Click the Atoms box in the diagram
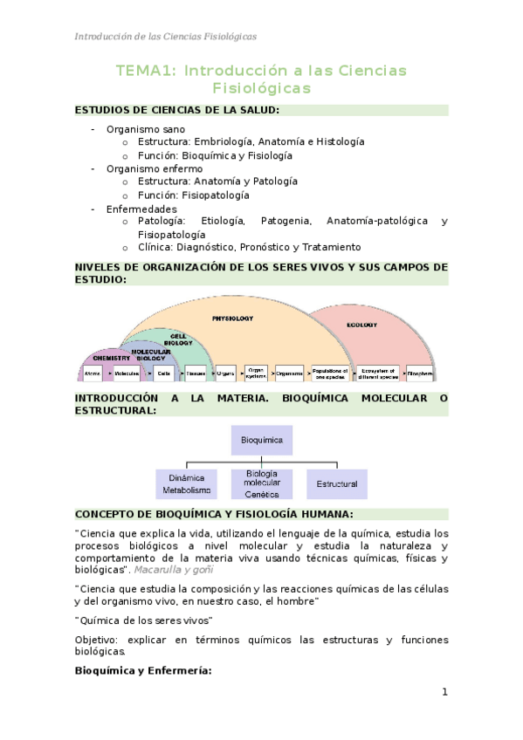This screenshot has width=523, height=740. click(x=93, y=373)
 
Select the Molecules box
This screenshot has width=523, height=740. click(x=127, y=373)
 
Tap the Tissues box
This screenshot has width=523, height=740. click(x=195, y=373)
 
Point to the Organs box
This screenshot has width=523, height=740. click(x=225, y=373)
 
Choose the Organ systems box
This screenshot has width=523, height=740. click(x=256, y=373)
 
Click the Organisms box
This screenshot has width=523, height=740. click(x=290, y=373)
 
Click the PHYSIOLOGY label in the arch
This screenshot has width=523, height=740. click(x=233, y=319)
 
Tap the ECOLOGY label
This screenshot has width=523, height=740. click(x=361, y=325)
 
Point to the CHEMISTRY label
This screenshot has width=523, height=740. click(x=111, y=358)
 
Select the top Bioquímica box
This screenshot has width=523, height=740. click(x=261, y=441)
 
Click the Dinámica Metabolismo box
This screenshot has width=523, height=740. click(x=187, y=484)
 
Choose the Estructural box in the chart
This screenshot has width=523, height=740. click(x=337, y=483)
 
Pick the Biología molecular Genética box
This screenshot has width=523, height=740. click(x=262, y=484)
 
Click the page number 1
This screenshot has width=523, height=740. click(x=444, y=692)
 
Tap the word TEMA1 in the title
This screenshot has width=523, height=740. click(x=145, y=71)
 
